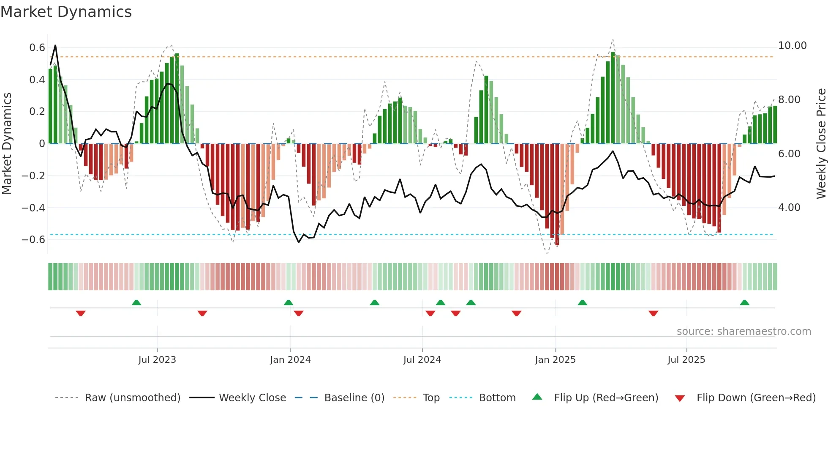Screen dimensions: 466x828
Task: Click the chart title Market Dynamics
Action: pos(66,12)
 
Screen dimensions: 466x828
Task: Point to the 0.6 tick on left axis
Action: pos(37,48)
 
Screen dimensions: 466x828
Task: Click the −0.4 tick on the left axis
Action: pos(33,208)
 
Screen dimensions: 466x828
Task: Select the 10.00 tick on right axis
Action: pos(792,46)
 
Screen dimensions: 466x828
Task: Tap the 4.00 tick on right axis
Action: pos(789,208)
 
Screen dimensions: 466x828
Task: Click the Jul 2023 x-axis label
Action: pos(157,360)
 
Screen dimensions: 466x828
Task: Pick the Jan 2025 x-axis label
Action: pos(555,360)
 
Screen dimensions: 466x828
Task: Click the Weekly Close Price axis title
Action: pos(821,143)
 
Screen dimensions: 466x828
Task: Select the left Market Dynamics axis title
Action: pos(7,143)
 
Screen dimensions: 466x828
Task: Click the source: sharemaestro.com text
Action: pos(744,332)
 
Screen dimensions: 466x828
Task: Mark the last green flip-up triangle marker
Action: pos(744,303)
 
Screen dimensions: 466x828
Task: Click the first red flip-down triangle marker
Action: pos(81,313)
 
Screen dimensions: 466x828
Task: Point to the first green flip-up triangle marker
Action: pos(136,303)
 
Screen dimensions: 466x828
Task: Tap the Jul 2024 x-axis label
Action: pos(422,360)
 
